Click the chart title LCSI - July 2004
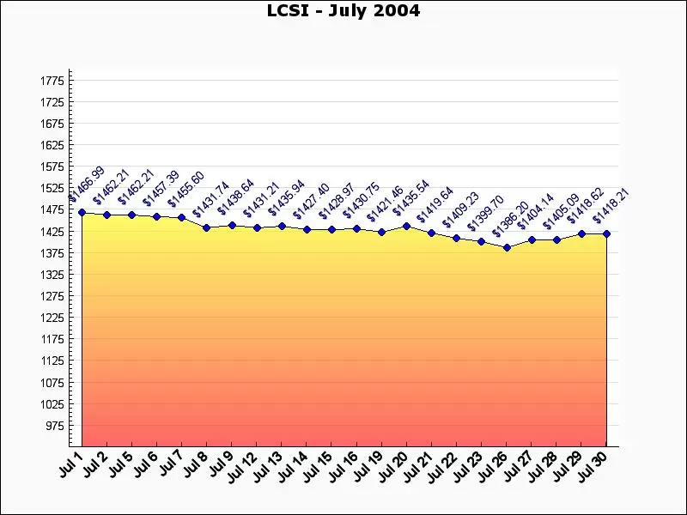[x=343, y=11]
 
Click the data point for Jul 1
[x=82, y=212]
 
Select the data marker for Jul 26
[x=507, y=247]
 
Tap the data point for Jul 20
[x=406, y=226]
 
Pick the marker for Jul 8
[x=206, y=227]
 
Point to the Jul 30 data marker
[x=606, y=233]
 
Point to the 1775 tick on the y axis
[x=52, y=81]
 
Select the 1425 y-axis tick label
[x=52, y=232]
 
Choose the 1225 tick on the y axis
[x=52, y=318]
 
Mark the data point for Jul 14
[x=307, y=229]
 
